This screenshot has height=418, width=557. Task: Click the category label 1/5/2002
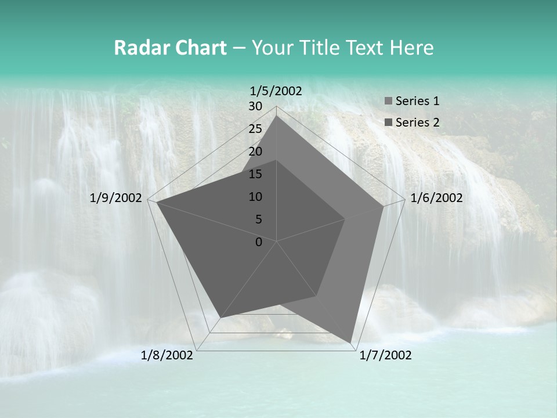276,91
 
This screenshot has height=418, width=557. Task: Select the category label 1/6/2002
436,198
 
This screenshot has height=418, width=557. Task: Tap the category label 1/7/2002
385,355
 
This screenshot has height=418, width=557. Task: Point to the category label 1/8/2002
167,355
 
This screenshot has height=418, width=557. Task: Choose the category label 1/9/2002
116,198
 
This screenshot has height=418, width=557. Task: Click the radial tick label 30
255,106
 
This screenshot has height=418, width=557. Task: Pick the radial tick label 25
255,129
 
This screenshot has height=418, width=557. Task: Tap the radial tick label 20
255,152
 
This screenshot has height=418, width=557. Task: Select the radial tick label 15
255,174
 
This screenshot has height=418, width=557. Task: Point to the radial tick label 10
255,197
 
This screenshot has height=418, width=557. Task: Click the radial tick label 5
258,219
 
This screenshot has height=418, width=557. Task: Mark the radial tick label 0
259,242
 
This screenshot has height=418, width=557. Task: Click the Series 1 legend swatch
388,102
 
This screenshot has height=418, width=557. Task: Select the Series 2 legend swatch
388,122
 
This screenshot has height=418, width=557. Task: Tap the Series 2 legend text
417,122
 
